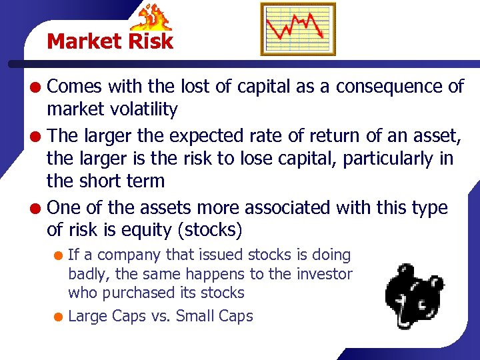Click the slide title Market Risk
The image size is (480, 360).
pyautogui.click(x=110, y=41)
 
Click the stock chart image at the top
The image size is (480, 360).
pyautogui.click(x=297, y=29)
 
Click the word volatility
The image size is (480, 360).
pyautogui.click(x=145, y=109)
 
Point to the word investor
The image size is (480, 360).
pyautogui.click(x=324, y=273)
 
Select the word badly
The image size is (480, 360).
pyautogui.click(x=86, y=274)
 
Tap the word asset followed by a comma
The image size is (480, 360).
pyautogui.click(x=441, y=136)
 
